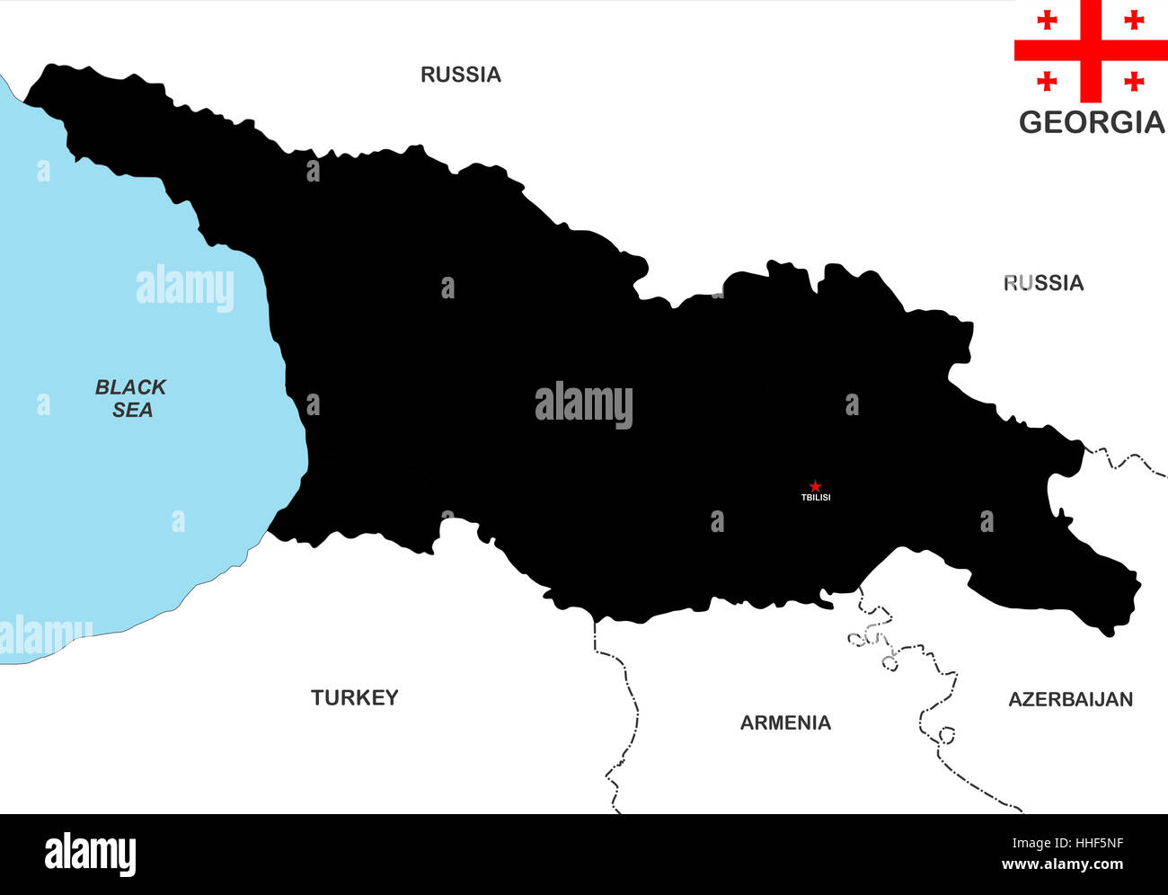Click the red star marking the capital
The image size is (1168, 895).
(x=815, y=486)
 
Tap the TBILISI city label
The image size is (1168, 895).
(x=816, y=498)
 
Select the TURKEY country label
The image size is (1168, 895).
(x=354, y=697)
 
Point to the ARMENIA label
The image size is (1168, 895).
(x=785, y=722)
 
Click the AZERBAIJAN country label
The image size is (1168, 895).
(x=1070, y=699)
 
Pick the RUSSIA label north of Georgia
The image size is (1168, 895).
(x=461, y=75)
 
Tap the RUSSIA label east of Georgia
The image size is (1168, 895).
(x=1043, y=283)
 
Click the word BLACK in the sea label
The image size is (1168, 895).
(x=130, y=387)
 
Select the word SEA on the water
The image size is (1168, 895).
(x=132, y=410)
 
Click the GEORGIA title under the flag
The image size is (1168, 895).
(x=1091, y=122)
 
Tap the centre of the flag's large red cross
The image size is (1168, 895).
(x=1091, y=50)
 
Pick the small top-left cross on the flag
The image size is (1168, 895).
(x=1047, y=20)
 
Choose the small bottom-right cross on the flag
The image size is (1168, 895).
(x=1134, y=82)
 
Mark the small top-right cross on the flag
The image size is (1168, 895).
(x=1134, y=20)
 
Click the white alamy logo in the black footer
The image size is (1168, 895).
(x=90, y=855)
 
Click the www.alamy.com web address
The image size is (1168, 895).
(x=1062, y=865)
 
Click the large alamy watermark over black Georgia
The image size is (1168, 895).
(x=584, y=405)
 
